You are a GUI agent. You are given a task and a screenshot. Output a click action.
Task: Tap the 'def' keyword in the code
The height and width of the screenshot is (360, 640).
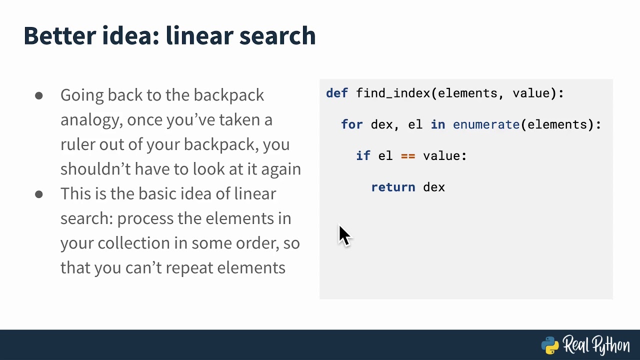click(337, 93)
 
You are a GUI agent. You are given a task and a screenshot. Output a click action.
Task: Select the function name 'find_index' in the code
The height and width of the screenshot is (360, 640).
click(393, 93)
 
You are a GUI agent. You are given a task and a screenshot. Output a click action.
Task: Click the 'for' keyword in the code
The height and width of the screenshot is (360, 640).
click(352, 124)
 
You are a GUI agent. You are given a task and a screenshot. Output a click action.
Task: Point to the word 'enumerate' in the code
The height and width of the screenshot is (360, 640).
click(486, 124)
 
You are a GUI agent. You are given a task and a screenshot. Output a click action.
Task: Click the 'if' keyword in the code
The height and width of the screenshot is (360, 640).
click(363, 156)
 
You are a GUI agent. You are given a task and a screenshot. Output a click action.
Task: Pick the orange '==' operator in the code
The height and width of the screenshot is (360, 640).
click(408, 156)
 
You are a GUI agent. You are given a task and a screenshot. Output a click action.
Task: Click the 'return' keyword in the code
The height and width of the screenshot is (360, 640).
click(393, 187)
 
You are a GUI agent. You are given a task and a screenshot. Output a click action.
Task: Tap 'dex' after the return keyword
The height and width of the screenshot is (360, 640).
click(434, 187)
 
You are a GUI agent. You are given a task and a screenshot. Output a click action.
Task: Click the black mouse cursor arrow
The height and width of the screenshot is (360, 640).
click(344, 235)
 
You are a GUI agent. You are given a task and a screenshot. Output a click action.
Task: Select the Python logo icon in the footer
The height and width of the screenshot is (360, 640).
click(550, 345)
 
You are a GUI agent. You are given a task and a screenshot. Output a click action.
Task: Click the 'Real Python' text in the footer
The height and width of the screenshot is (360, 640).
click(596, 345)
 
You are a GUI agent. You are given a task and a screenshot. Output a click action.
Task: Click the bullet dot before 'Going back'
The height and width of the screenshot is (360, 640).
click(39, 95)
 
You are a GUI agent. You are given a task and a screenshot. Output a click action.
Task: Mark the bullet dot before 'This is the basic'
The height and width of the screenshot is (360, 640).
click(39, 194)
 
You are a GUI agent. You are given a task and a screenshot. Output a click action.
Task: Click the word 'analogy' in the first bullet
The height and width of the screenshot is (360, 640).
click(91, 120)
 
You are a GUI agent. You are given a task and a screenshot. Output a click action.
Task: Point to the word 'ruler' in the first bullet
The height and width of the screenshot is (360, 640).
click(77, 144)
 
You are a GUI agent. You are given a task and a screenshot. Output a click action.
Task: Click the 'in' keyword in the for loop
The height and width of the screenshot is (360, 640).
click(438, 124)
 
